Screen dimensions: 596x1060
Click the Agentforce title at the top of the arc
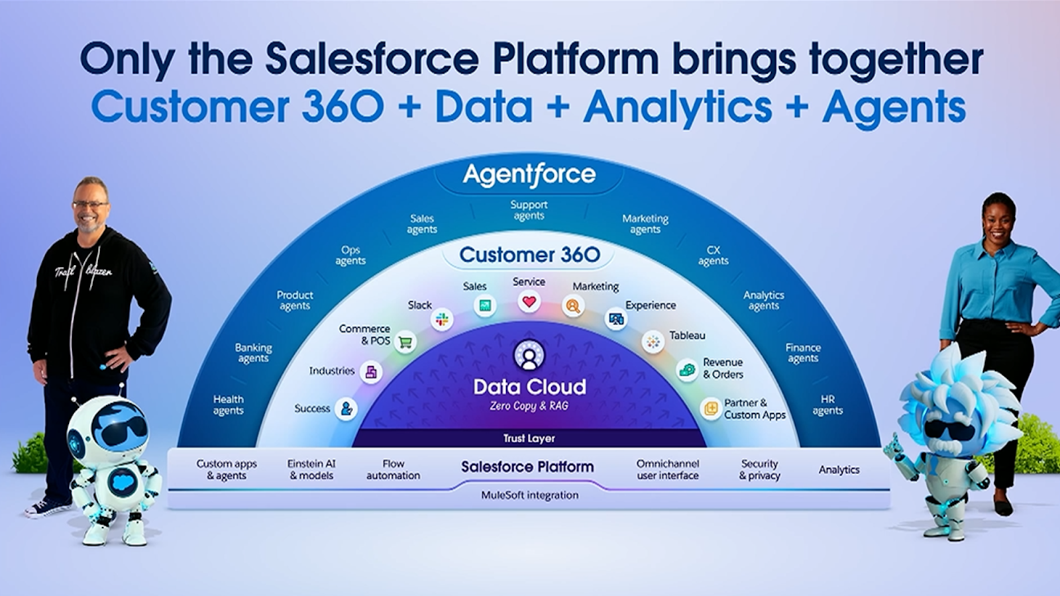(529, 175)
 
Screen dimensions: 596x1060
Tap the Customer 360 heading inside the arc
(529, 255)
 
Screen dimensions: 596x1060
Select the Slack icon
(442, 320)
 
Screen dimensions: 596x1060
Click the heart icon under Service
(529, 303)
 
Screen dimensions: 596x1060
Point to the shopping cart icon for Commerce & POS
(405, 342)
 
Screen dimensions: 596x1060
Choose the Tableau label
(687, 336)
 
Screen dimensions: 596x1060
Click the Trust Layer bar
(529, 438)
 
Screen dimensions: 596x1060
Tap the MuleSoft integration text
(529, 495)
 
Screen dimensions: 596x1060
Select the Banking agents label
(253, 353)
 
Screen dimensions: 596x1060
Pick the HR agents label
(827, 405)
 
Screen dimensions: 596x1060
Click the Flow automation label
(393, 470)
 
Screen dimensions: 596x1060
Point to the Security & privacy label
(759, 470)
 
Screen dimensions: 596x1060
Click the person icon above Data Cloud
(529, 356)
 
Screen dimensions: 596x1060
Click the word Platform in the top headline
(575, 59)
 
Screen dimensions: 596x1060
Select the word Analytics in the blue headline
(677, 107)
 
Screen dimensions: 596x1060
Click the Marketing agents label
(645, 224)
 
